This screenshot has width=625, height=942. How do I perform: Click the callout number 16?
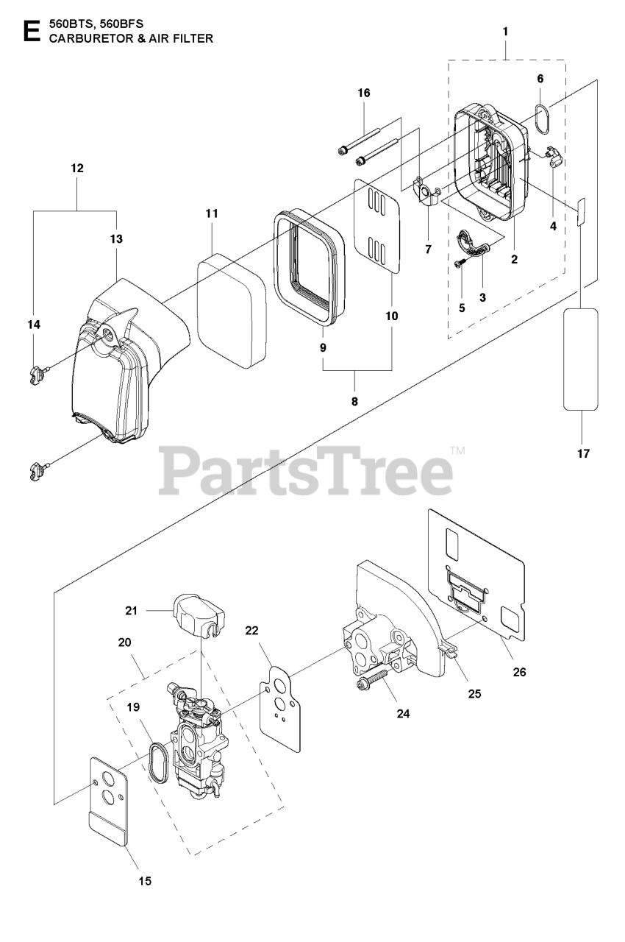[364, 93]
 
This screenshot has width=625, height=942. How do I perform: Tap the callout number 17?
[583, 453]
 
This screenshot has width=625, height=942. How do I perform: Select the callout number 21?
[131, 610]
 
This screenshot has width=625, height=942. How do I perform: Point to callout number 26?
[520, 671]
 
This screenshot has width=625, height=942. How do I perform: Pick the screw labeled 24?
[375, 678]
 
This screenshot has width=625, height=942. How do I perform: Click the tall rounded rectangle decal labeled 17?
[580, 359]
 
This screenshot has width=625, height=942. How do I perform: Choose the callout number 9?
[323, 347]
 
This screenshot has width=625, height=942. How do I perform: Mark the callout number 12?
[77, 168]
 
